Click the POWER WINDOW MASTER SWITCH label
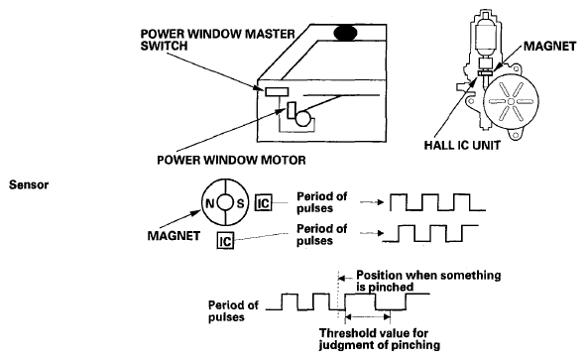coord(218,40)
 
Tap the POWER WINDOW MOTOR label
coord(231,160)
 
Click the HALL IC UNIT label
coord(462,145)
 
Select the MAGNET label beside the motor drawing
coord(549,46)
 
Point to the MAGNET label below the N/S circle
coord(174,236)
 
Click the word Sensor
coord(29,184)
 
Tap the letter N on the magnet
coord(209,203)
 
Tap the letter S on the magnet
coord(240,203)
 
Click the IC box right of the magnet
coord(264,203)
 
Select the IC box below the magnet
coord(225,241)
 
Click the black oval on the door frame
coord(345,33)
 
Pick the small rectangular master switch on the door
coord(277,91)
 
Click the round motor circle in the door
coord(303,119)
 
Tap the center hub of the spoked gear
coord(511,101)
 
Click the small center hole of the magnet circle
coord(225,203)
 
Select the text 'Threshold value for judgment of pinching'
coord(380,339)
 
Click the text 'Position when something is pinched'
coord(428,281)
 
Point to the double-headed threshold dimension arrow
coord(368,317)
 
